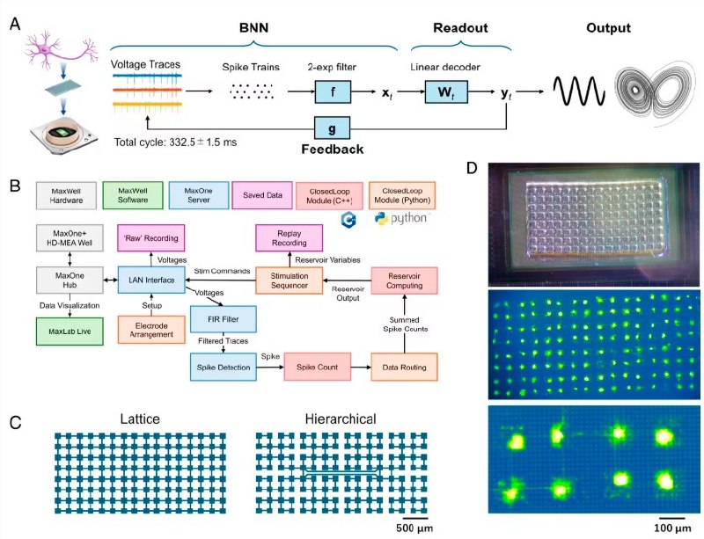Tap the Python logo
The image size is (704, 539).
click(381, 218)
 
